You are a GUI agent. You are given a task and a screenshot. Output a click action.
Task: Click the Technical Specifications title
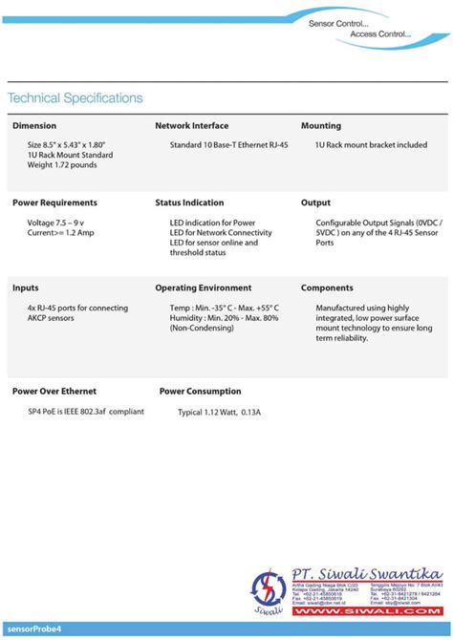coord(75,98)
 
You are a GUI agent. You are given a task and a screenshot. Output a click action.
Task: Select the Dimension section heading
coord(34,126)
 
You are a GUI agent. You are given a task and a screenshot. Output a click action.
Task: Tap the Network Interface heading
coord(191,126)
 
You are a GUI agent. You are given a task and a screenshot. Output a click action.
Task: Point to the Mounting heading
coord(321,126)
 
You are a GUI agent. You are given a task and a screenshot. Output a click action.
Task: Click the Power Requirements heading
coord(54,203)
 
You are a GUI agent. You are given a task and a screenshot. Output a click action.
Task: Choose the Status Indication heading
coord(189,203)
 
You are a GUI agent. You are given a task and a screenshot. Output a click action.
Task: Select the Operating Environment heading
coord(203,288)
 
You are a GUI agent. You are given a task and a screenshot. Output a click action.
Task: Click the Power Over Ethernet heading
coord(54,391)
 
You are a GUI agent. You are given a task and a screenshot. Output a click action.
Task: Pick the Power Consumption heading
coord(200,391)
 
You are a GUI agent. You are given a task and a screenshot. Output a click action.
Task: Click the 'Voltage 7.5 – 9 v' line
coord(61,223)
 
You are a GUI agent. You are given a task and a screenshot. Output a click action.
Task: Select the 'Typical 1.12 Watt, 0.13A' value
coord(219,413)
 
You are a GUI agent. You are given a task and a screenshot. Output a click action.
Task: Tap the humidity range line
coord(224,318)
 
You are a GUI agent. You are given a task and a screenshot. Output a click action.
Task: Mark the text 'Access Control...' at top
coord(380,34)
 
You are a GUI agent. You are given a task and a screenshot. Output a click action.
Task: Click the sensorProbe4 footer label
coord(34,629)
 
